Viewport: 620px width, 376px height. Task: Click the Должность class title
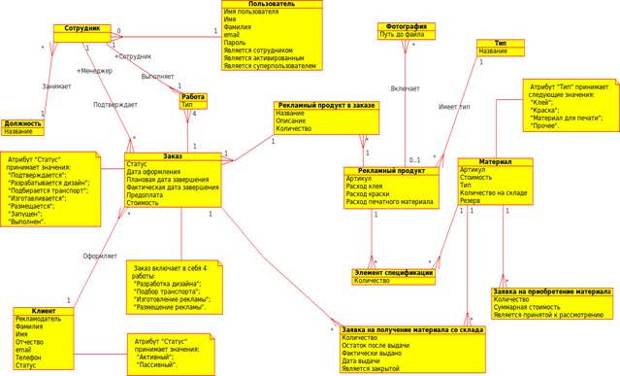pyautogui.click(x=23, y=123)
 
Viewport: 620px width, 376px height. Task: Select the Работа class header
pyautogui.click(x=193, y=95)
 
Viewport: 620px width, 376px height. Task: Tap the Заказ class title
pyautogui.click(x=173, y=155)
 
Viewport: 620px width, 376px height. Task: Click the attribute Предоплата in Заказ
pyautogui.click(x=147, y=194)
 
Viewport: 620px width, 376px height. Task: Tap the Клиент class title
pyautogui.click(x=43, y=311)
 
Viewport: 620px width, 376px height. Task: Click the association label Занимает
pyautogui.click(x=56, y=86)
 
